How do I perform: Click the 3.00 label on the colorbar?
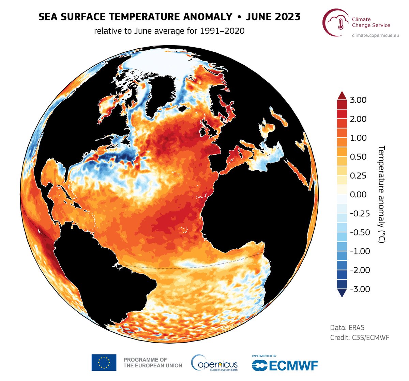[358, 100]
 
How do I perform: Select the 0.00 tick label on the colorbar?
[358, 195]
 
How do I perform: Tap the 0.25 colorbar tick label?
[358, 176]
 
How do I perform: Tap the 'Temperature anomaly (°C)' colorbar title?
[381, 194]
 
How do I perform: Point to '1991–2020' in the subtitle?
[222, 31]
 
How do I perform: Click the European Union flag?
[104, 362]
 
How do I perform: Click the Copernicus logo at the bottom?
[214, 363]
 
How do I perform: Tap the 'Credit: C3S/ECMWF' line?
[360, 338]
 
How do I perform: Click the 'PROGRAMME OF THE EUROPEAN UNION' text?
[152, 362]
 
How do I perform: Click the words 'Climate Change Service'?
[371, 22]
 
